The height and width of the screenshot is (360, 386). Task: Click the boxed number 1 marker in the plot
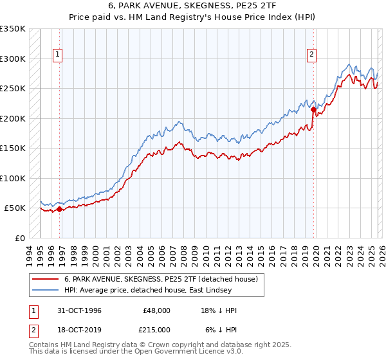[58, 55]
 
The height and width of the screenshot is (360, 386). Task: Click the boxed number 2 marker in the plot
[311, 55]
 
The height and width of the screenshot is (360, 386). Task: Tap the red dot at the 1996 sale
[60, 209]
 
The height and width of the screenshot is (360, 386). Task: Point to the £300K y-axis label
[13, 59]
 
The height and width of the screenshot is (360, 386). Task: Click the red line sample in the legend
[46, 279]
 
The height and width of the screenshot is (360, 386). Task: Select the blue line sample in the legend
[46, 290]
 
